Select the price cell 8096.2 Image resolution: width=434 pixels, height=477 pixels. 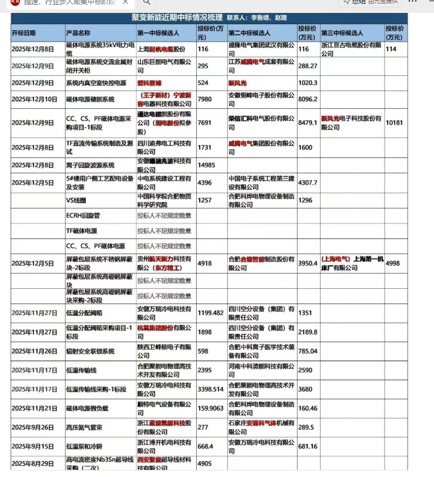(308, 99)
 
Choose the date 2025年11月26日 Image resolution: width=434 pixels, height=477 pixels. (35, 351)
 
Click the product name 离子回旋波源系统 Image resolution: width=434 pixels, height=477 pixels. (90, 165)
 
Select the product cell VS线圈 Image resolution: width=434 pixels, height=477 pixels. (76, 201)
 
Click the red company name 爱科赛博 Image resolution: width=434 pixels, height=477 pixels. (150, 83)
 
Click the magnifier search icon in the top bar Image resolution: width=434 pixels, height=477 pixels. (146, 3)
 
